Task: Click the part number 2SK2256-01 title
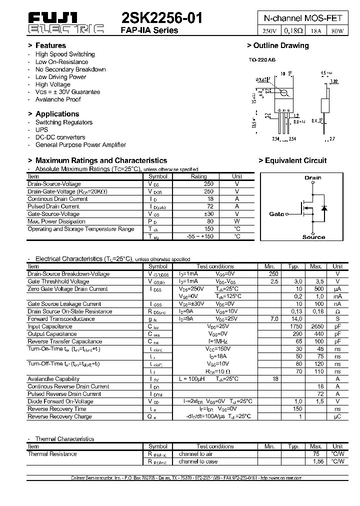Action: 162,18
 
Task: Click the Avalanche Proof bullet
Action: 58,99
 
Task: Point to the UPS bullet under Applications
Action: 41,130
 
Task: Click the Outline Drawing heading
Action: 278,45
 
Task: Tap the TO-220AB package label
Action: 262,60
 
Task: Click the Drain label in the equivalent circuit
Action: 313,177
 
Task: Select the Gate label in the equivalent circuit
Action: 276,214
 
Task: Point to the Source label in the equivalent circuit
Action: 313,237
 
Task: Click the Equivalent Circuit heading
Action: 292,160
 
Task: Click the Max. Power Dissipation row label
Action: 56,221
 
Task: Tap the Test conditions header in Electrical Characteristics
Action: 215,266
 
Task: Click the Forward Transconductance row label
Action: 61,319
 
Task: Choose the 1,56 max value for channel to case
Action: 315,461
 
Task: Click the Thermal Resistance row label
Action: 52,454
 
